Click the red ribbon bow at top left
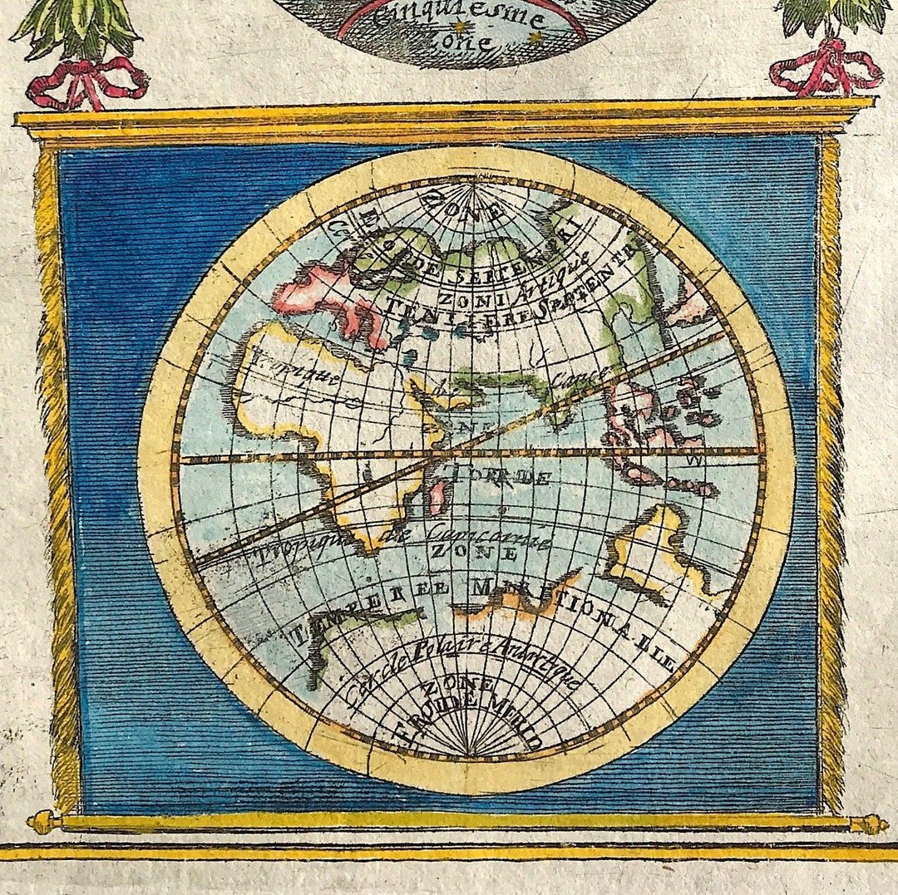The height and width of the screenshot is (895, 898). click(x=86, y=84)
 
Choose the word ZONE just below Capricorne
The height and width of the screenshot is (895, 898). click(x=461, y=552)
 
